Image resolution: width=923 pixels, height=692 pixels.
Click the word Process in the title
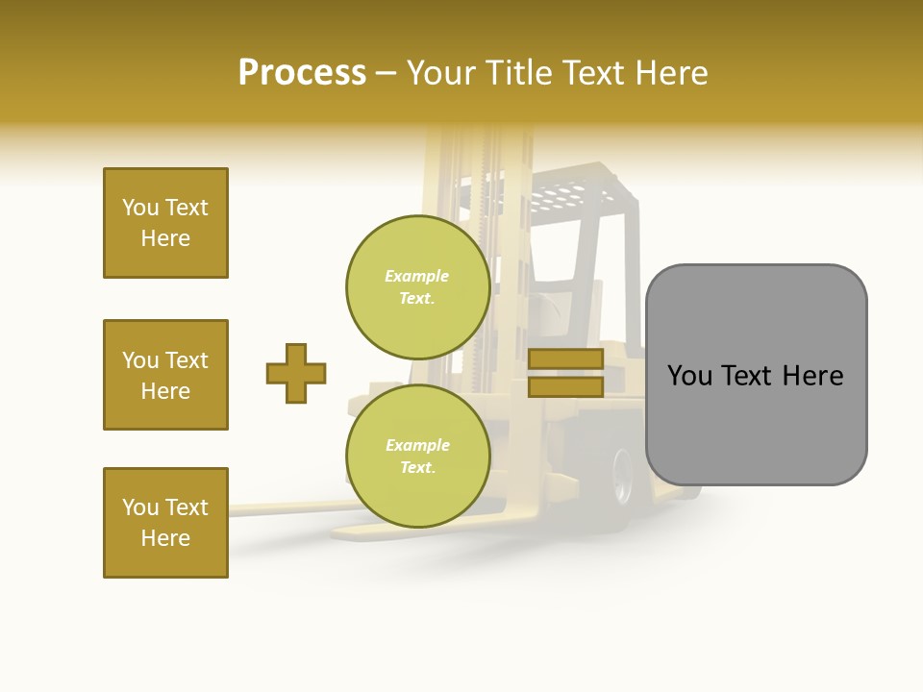(302, 73)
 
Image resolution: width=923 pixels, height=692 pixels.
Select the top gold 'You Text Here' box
(165, 223)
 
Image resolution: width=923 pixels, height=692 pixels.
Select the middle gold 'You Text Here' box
(165, 375)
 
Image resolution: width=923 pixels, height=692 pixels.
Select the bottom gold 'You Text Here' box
(165, 522)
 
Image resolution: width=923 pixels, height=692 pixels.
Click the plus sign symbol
(296, 373)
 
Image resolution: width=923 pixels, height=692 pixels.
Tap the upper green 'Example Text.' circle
(417, 286)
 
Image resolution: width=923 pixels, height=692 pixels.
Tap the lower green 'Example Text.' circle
(417, 456)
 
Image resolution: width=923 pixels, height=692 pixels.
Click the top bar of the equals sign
(565, 359)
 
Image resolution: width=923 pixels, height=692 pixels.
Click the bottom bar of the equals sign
(565, 386)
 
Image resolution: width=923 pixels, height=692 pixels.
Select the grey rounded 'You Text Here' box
(756, 375)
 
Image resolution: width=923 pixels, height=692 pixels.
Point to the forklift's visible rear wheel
(620, 476)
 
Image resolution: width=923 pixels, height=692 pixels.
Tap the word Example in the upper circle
(417, 276)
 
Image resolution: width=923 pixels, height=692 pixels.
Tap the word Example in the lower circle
(417, 445)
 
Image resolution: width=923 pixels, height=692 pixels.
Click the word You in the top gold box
(139, 208)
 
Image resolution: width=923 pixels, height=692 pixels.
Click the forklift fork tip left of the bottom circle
(245, 509)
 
